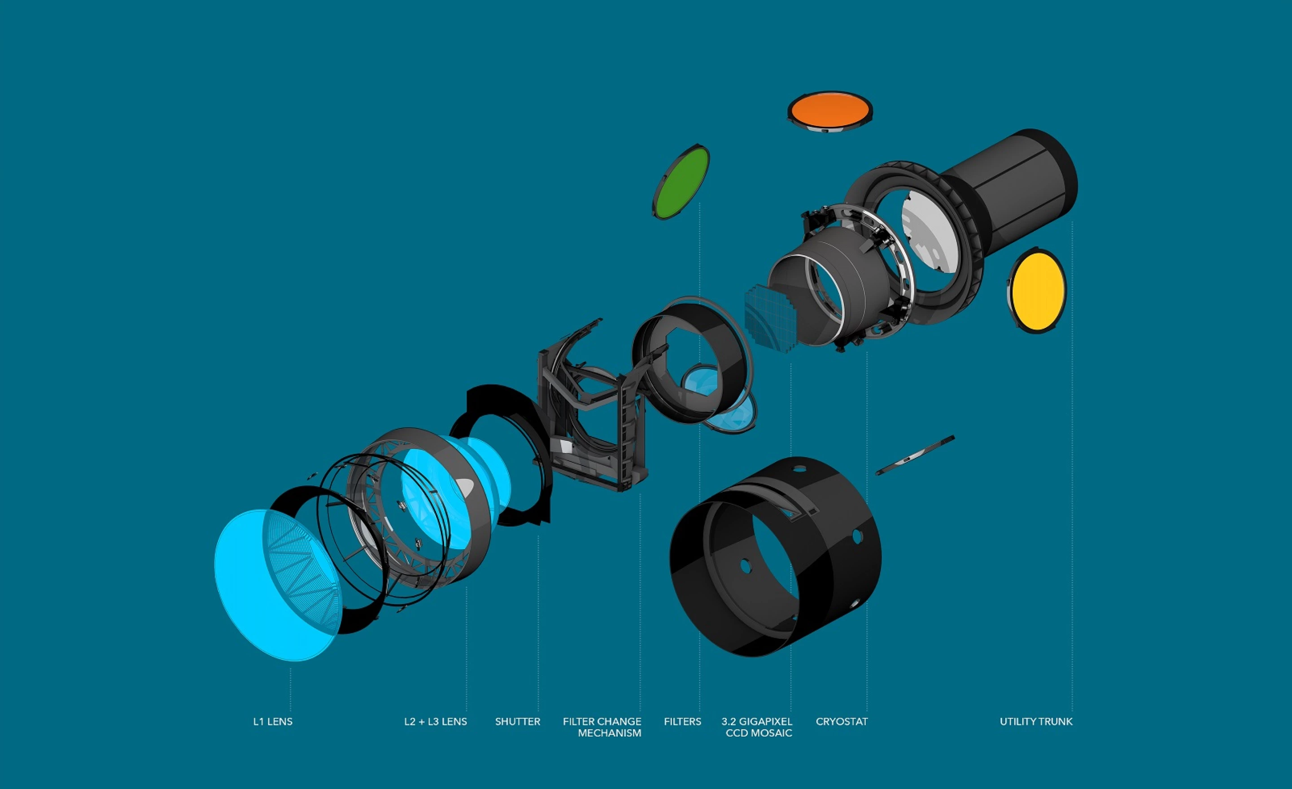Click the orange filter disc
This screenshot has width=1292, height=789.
(830, 111)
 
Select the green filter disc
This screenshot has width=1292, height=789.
(681, 182)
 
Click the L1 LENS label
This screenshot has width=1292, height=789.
(273, 721)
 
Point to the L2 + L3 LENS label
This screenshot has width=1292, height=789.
(435, 721)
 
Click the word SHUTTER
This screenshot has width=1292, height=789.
(518, 721)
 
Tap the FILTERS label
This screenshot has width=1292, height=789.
(682, 721)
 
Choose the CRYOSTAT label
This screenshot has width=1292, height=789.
(842, 721)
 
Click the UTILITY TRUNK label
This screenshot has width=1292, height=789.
(1036, 721)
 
